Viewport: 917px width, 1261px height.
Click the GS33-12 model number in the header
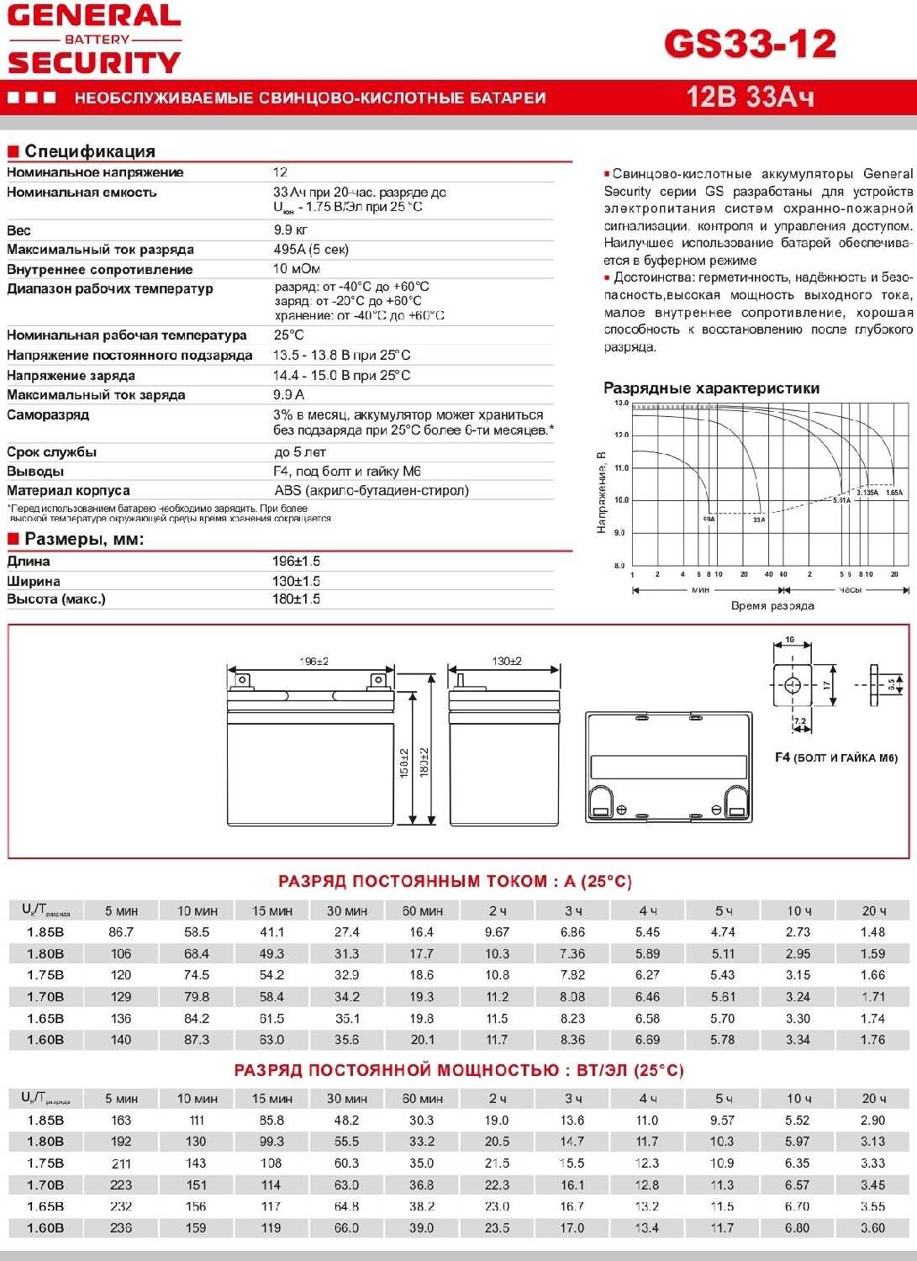click(x=750, y=44)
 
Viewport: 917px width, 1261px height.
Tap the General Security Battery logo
click(x=94, y=40)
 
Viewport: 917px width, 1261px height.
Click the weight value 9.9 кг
click(x=290, y=230)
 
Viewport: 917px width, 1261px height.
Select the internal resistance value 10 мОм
click(x=296, y=269)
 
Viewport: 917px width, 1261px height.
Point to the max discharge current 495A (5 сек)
click(x=310, y=250)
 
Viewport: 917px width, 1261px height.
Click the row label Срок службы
click(x=51, y=452)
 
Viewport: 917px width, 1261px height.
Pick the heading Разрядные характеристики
click(x=711, y=388)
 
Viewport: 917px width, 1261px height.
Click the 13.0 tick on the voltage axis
click(x=621, y=404)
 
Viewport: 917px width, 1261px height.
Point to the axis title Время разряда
click(x=772, y=605)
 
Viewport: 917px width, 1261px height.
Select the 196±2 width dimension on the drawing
click(x=314, y=662)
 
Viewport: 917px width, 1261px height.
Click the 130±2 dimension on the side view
click(x=507, y=662)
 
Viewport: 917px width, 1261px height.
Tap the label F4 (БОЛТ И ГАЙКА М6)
click(x=835, y=757)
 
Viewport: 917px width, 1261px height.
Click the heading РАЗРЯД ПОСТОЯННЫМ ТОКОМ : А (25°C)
click(x=455, y=881)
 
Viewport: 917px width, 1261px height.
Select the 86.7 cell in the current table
click(x=121, y=932)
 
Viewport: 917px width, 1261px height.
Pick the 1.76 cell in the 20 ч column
click(x=873, y=1040)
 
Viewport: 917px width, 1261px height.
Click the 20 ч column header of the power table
click(x=874, y=1099)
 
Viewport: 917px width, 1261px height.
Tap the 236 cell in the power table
click(x=121, y=1228)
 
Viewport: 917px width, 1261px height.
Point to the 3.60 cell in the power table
click(x=873, y=1228)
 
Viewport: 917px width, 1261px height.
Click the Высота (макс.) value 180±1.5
click(x=296, y=599)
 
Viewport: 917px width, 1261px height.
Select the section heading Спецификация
click(x=90, y=151)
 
